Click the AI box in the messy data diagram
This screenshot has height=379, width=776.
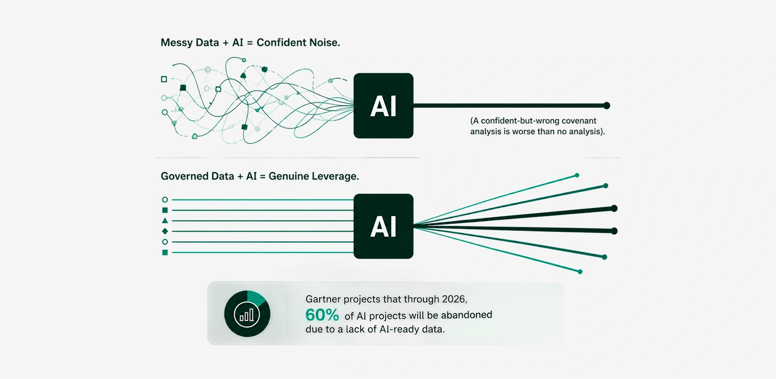click(383, 106)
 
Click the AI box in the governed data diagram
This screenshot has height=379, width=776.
click(383, 226)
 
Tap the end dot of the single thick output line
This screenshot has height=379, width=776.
click(606, 106)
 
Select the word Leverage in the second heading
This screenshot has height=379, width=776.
click(335, 177)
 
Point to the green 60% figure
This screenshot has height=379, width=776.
click(322, 315)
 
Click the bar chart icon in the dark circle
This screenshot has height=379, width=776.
click(247, 315)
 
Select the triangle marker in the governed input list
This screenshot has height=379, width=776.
click(165, 220)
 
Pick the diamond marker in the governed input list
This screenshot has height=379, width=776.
click(165, 231)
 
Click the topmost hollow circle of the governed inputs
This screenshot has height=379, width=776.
click(165, 200)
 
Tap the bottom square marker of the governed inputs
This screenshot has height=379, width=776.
click(165, 252)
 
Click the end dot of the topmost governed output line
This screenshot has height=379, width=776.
click(577, 176)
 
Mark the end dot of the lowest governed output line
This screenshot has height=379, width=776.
click(580, 272)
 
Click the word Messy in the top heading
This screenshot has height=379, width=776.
click(177, 43)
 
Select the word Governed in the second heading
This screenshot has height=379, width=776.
click(185, 177)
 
